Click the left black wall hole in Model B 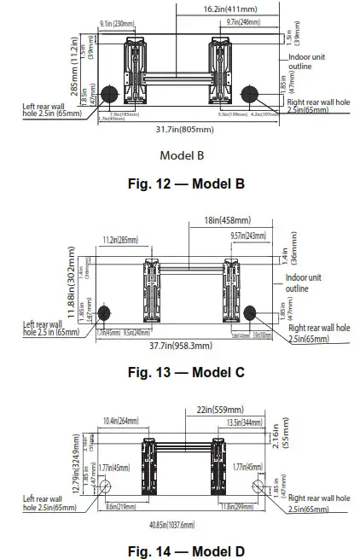tap(109, 93)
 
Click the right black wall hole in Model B tap(249, 93)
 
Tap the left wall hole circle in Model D tap(105, 487)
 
